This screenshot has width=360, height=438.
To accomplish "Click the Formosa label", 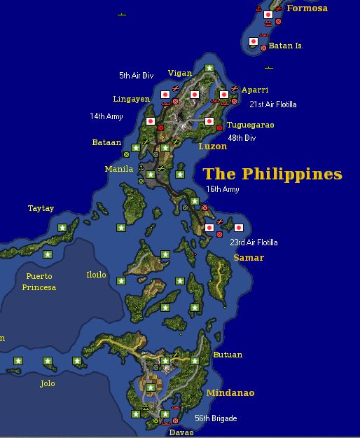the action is tap(307, 8).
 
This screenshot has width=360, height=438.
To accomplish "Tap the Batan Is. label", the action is tap(286, 46).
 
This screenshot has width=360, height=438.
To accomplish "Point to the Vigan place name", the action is tap(179, 73).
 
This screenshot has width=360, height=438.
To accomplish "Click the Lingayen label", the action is tap(131, 99).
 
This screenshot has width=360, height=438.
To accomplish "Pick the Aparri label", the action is tap(254, 90).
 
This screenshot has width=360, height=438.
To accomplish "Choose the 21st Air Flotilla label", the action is tap(273, 104).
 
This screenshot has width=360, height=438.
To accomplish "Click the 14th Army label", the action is tap(106, 116).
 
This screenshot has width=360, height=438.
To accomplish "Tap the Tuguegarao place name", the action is tap(250, 125).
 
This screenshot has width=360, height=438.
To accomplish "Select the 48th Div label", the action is tap(242, 138).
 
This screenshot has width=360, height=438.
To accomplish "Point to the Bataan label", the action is tap(106, 142).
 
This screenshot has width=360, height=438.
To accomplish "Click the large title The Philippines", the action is tap(272, 174).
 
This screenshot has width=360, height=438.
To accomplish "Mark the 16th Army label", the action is tap(222, 189).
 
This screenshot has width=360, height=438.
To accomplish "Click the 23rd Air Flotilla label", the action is tap(254, 242).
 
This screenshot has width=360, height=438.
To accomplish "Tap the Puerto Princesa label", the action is tap(39, 282).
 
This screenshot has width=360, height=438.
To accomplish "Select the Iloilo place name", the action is tap(96, 275).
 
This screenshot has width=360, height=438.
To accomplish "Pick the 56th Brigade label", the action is tap(216, 418).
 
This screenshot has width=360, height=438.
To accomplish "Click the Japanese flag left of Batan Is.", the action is tap(254, 41).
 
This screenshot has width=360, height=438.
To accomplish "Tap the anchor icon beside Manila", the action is tap(141, 167).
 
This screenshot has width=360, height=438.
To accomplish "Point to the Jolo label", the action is tap(47, 383).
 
